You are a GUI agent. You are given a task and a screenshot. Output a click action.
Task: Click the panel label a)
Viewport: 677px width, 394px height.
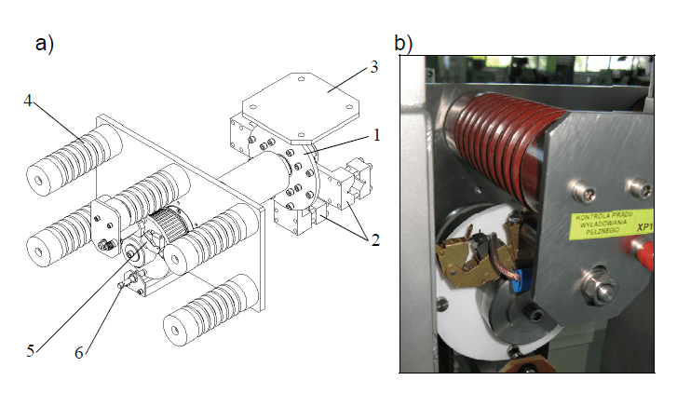pyautogui.click(x=43, y=43)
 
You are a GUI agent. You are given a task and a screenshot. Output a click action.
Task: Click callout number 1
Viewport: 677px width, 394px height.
pyautogui.click(x=375, y=134)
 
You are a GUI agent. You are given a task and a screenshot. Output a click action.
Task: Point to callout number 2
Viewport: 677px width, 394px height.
pyautogui.click(x=375, y=239)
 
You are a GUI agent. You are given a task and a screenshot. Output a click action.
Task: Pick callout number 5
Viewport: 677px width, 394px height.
pyautogui.click(x=30, y=350)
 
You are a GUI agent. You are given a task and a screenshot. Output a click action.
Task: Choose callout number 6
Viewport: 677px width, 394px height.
pyautogui.click(x=79, y=351)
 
